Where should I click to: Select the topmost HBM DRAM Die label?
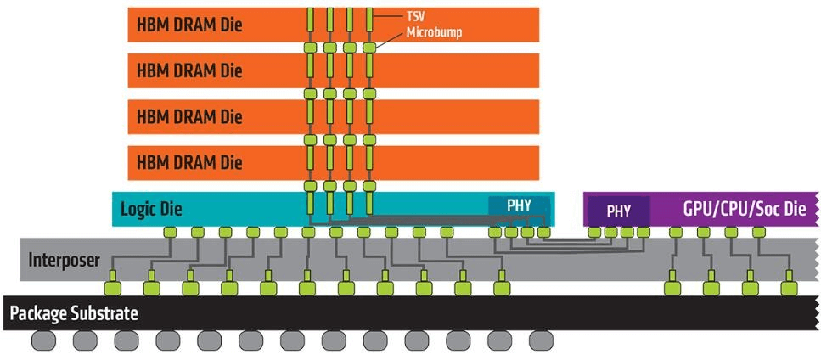click(x=188, y=25)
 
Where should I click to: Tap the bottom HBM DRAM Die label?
click(x=188, y=161)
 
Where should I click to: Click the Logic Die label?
click(x=151, y=208)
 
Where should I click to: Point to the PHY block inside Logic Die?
click(x=519, y=205)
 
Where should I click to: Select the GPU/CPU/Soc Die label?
click(x=744, y=209)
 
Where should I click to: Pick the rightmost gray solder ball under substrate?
click(x=541, y=340)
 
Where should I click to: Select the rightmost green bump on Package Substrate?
click(x=788, y=288)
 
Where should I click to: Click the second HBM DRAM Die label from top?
click(x=188, y=70)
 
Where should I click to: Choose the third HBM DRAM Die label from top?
click(x=188, y=115)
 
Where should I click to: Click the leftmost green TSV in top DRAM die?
click(x=310, y=18)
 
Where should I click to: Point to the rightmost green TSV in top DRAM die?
click(x=369, y=18)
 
